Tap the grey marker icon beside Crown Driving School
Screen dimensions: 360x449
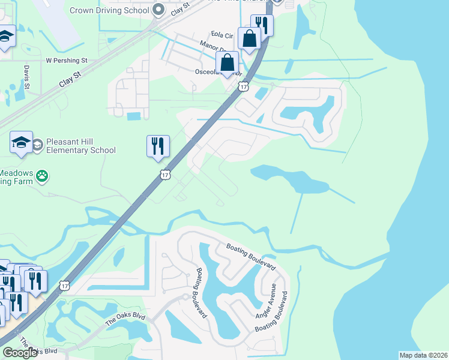pyautogui.click(x=158, y=9)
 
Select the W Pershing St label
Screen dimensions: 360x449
pyautogui.click(x=67, y=61)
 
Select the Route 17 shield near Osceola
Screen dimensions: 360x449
pyautogui.click(x=243, y=87)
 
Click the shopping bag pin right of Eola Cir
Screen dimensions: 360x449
pyautogui.click(x=249, y=39)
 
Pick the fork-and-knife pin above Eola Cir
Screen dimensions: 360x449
pyautogui.click(x=262, y=25)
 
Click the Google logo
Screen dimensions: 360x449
pyautogui.click(x=20, y=353)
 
